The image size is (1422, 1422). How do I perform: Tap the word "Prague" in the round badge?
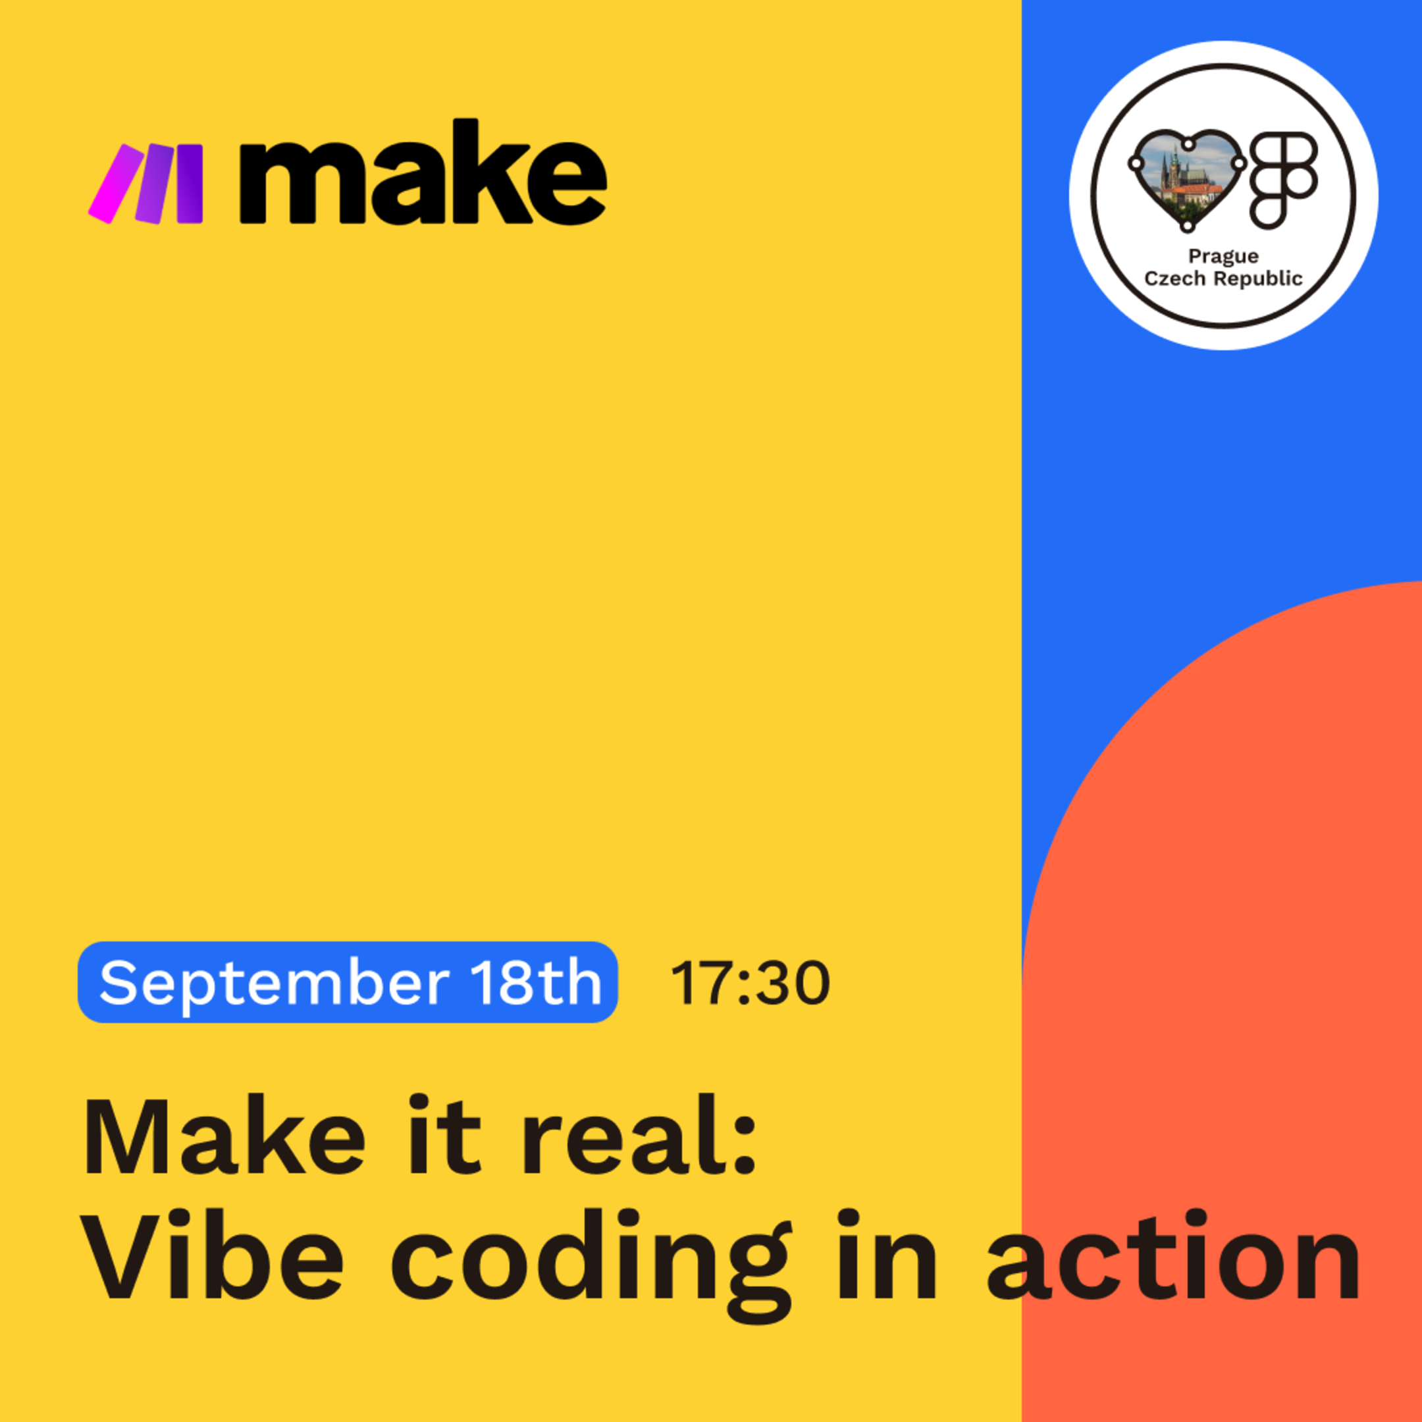(1223, 256)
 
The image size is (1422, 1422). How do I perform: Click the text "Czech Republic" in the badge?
(1223, 278)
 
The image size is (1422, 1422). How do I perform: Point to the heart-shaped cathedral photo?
(1186, 180)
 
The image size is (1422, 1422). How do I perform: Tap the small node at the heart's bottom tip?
(1187, 226)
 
